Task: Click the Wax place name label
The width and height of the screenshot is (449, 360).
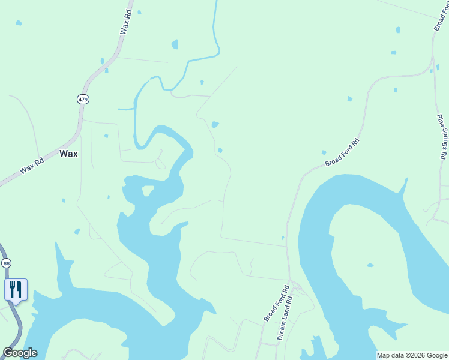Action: [68, 154]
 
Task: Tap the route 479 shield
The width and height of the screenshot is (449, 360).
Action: [83, 99]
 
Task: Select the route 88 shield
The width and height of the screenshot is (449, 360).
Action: [6, 263]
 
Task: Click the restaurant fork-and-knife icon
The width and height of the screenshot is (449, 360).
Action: [16, 289]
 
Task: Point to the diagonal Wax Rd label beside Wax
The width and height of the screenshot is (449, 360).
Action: [31, 166]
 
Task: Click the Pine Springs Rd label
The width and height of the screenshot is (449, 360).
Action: [442, 136]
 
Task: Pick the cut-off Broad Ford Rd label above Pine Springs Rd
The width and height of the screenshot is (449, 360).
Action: [441, 17]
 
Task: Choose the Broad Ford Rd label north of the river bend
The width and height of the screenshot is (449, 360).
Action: [343, 153]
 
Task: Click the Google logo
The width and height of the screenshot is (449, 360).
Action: [20, 353]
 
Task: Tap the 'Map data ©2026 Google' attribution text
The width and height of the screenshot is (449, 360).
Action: [412, 355]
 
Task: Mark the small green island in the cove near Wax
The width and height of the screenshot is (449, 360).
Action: [147, 191]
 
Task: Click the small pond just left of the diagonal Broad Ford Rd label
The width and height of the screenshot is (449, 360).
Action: [324, 152]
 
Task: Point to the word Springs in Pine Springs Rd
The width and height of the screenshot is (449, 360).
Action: [443, 137]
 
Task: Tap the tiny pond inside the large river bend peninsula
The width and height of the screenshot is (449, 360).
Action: [370, 265]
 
